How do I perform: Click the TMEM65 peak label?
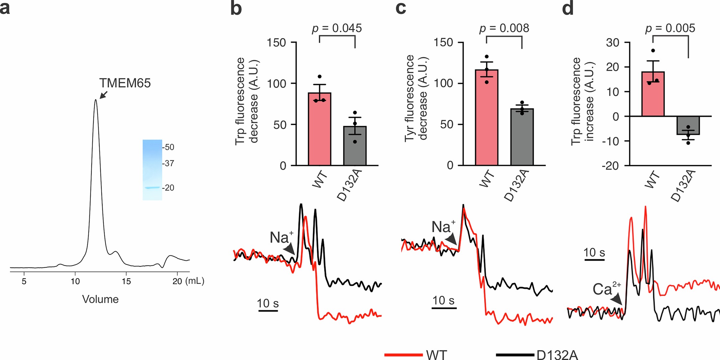tap(125, 83)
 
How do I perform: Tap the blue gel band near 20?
tap(152, 188)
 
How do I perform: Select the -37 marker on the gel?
tap(169, 163)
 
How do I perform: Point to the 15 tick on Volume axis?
tap(126, 281)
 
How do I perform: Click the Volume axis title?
tap(100, 299)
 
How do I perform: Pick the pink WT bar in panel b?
tap(319, 130)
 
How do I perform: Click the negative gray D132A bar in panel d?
tap(688, 126)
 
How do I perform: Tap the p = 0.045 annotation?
tap(337, 29)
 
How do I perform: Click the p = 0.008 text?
tap(504, 29)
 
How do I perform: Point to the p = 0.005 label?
tap(670, 29)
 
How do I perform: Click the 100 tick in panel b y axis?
tap(277, 84)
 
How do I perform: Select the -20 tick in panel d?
tap(610, 166)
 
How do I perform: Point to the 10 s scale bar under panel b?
tap(268, 311)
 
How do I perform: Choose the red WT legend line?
tap(403, 355)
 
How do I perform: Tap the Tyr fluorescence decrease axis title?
tap(416, 98)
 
